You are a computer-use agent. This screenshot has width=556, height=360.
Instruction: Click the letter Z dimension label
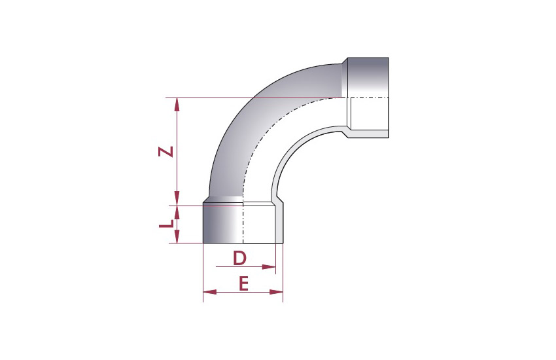pos(165,152)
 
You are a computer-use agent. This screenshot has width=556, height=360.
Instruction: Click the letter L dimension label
pos(166,224)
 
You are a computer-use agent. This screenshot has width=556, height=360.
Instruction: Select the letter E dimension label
pos(243,283)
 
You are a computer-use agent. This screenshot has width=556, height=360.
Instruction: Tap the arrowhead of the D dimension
pos(269,266)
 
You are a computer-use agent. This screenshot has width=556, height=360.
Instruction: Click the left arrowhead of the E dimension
pos(210,293)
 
